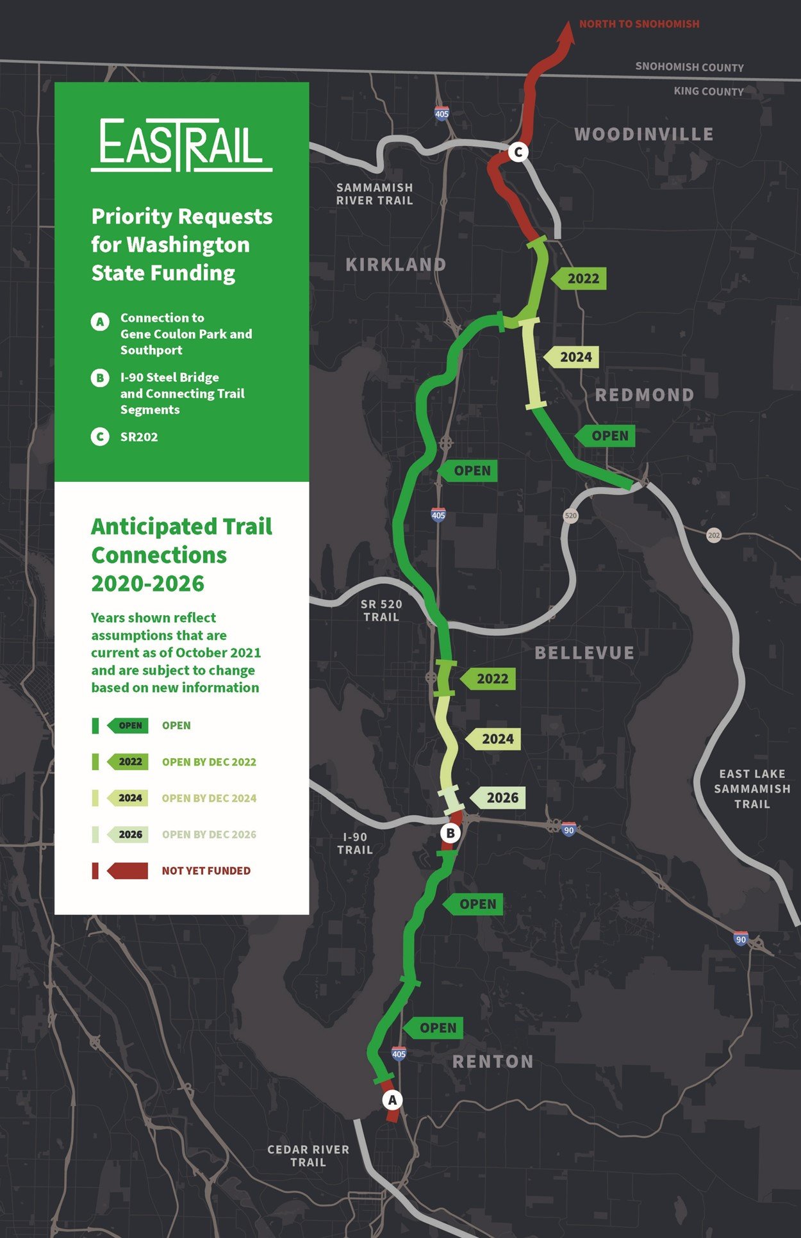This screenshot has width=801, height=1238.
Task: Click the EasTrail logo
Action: point(181,145)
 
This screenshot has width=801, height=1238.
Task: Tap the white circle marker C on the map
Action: point(518,153)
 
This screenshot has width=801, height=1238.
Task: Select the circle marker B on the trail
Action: point(450,833)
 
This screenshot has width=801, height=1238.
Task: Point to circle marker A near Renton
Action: point(393,1100)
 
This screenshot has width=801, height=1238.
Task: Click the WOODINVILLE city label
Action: point(643,135)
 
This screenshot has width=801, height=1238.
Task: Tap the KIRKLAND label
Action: point(395,265)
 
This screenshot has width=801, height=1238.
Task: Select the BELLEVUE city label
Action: point(584,653)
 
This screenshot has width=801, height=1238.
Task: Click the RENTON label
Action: point(493,1062)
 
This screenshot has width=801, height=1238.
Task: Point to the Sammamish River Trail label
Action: point(375,194)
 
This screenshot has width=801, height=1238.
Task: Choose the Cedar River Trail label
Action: point(308,1155)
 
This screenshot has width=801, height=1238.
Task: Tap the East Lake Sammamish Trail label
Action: point(752,789)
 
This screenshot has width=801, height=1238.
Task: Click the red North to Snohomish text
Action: point(639,24)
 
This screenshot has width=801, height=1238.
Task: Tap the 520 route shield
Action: point(570,515)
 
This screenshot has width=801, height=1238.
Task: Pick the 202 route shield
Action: point(714,535)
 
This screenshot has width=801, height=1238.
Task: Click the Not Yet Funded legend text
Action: point(206,871)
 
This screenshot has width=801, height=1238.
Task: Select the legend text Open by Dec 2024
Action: point(209,798)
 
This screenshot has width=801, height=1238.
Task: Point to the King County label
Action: point(708,92)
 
